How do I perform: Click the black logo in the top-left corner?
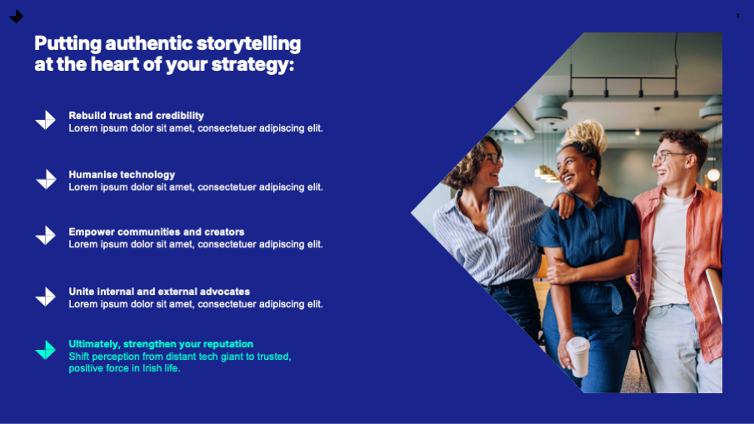point(17,17)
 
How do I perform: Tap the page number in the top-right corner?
point(737,16)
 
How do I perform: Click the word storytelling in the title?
point(248,44)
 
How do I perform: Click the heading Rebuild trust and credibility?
point(136,116)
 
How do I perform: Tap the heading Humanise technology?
point(122,174)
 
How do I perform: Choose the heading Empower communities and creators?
point(157,232)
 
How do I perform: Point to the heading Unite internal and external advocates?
point(159,292)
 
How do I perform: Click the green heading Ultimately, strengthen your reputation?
point(161,344)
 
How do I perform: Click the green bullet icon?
point(46,350)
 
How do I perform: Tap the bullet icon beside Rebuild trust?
point(46,120)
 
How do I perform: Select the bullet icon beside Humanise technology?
point(46,179)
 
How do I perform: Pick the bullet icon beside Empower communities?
point(46,236)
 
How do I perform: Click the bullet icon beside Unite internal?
point(46,297)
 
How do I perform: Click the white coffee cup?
point(578,357)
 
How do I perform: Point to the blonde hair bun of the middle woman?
point(587,136)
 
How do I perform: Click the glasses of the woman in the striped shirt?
point(492,158)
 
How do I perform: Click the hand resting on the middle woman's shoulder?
point(564,203)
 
